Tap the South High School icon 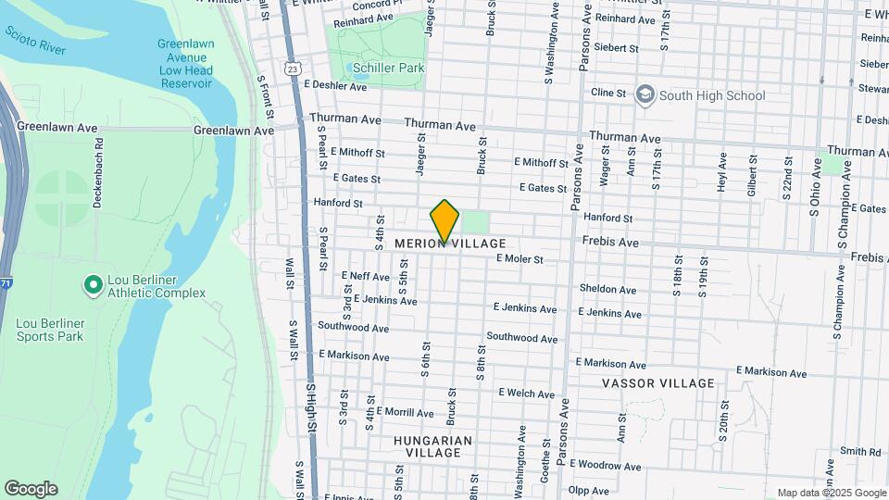[x=644, y=94]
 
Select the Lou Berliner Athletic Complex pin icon [x=93, y=285]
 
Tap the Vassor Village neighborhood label [x=658, y=383]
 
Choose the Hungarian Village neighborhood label [x=433, y=446]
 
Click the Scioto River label [x=35, y=40]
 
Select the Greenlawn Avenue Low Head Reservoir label [x=185, y=64]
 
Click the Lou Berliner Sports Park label [x=49, y=330]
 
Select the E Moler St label [x=519, y=259]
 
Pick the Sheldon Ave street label [x=607, y=289]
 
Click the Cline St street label [x=608, y=93]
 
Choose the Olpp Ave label [x=591, y=490]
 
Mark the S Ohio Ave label [x=816, y=187]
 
